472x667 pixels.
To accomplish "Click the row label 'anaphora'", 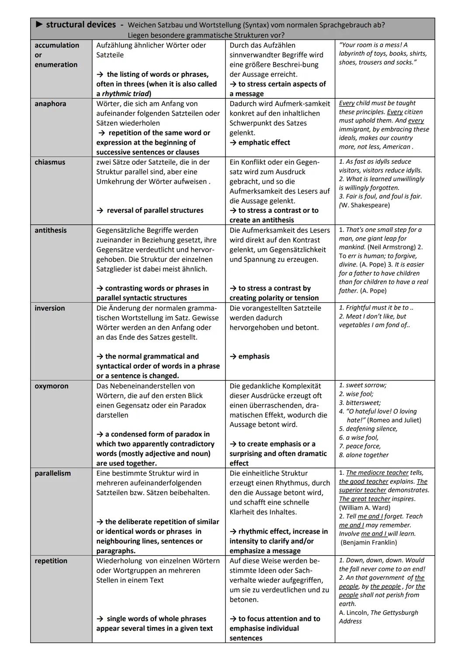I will pyautogui.click(x=50, y=104).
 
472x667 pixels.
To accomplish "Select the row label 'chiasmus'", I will pyautogui.click(x=50, y=162).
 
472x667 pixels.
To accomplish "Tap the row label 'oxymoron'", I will pyautogui.click(x=51, y=386).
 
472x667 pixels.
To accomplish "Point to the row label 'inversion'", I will pyautogui.click(x=49, y=308).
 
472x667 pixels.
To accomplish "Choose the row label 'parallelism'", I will pyautogui.click(x=52, y=473).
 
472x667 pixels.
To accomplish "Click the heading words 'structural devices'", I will pyautogui.click(x=81, y=25).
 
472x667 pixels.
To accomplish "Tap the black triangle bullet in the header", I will pyautogui.click(x=39, y=25).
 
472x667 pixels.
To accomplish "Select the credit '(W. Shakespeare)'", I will pyautogui.click(x=364, y=205).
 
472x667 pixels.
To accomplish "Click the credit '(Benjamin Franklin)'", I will pyautogui.click(x=369, y=543).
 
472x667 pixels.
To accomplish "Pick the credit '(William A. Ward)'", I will pyautogui.click(x=364, y=508).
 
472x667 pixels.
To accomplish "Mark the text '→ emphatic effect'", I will pyautogui.click(x=260, y=143).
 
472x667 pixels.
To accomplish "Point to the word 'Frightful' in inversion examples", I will pyautogui.click(x=361, y=308).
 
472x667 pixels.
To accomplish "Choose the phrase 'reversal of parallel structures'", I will pyautogui.click(x=155, y=211).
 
